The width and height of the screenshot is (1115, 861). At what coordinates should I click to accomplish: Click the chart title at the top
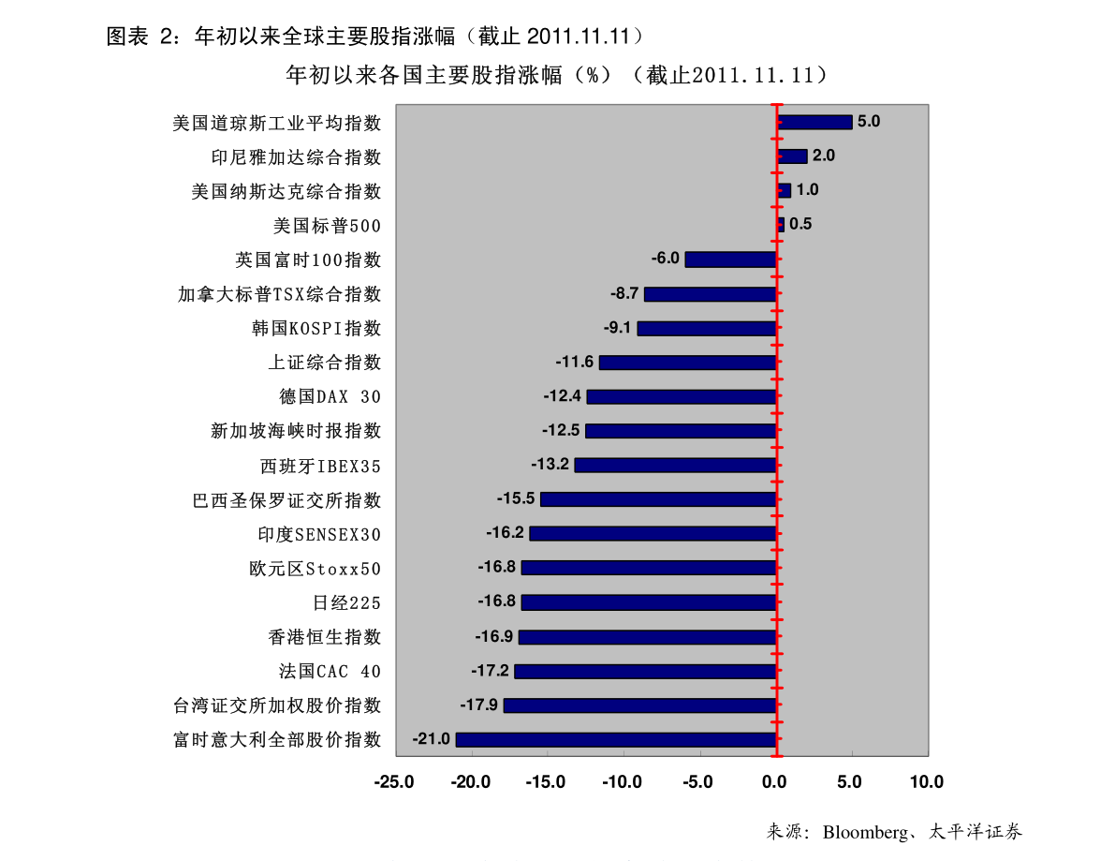[x=557, y=75]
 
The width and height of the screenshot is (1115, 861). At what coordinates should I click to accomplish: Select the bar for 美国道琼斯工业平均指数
[x=814, y=122]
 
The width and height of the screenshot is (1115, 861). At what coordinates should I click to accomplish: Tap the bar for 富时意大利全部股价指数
[x=616, y=740]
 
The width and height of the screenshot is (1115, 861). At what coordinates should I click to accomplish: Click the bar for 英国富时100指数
[x=730, y=260]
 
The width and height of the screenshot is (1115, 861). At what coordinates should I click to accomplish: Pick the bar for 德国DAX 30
[x=682, y=396]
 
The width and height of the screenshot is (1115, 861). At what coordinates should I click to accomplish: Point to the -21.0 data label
[x=432, y=739]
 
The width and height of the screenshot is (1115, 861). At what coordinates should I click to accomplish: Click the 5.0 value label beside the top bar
[x=869, y=121]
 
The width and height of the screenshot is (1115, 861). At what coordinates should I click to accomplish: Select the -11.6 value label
[x=574, y=362]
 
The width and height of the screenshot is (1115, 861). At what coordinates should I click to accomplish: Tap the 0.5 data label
[x=800, y=224]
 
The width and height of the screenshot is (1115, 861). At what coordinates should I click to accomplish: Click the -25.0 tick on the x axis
[x=393, y=782]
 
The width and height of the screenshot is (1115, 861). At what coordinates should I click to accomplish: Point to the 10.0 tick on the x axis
[x=926, y=782]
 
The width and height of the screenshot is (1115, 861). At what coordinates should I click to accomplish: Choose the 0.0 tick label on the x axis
[x=774, y=782]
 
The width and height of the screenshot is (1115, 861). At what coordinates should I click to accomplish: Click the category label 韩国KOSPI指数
[x=316, y=329]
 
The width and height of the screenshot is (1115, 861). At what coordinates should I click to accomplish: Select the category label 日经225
[x=346, y=603]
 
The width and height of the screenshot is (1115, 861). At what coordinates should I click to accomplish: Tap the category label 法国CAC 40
[x=330, y=672]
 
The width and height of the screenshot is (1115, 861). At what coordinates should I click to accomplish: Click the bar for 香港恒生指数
[x=648, y=637]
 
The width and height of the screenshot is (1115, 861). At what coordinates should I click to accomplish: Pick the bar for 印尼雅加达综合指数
[x=792, y=156]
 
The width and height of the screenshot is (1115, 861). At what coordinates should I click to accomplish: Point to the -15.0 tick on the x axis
[x=546, y=782]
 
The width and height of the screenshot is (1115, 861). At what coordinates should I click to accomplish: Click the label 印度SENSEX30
[x=319, y=535]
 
